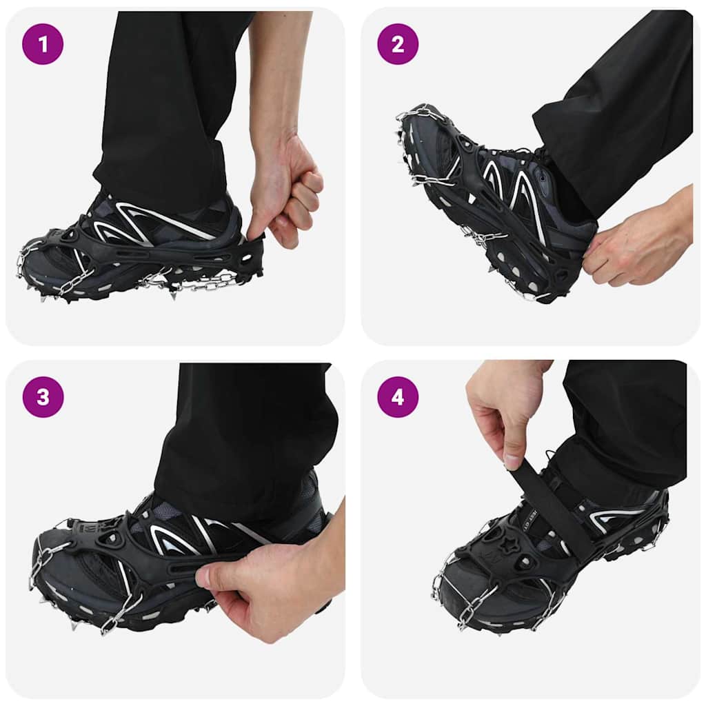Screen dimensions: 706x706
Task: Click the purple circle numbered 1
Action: coord(43,44)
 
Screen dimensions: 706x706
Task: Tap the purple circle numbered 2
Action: coord(398,44)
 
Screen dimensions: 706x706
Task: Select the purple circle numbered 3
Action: coord(43,397)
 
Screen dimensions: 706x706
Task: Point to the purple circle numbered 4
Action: coord(398,397)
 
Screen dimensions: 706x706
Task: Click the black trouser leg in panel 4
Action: coord(621,427)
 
